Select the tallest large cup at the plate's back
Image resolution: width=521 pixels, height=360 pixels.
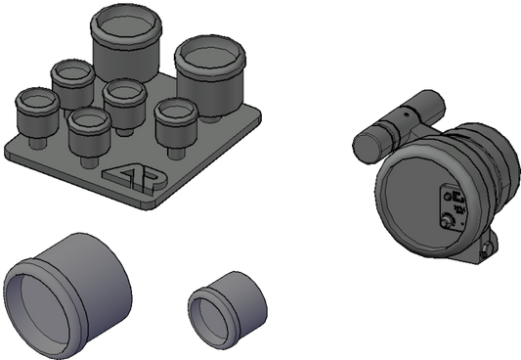coord(126,43)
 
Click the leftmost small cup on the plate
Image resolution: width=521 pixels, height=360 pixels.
coord(37,112)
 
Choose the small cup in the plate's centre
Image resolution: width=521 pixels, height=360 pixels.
coord(124,104)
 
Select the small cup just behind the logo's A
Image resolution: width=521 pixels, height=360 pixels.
coord(89,132)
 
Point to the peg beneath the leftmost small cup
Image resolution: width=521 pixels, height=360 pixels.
coord(36,143)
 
